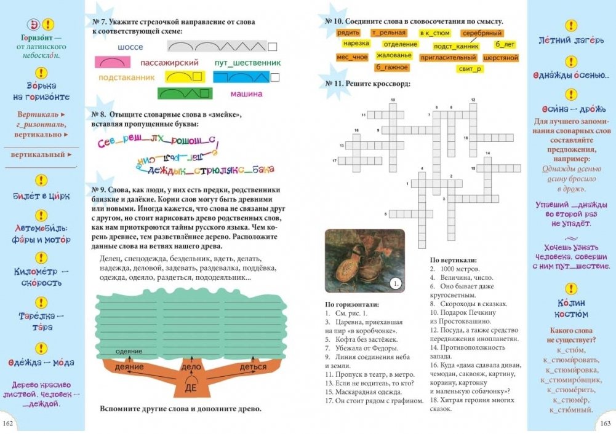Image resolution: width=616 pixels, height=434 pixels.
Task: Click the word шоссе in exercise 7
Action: (x=129, y=47)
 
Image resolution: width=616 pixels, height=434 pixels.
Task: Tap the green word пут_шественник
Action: (x=247, y=63)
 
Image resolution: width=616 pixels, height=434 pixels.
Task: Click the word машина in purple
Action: (x=246, y=94)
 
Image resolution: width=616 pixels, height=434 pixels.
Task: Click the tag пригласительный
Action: (x=447, y=58)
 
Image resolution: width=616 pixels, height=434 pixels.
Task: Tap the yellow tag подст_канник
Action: (x=456, y=46)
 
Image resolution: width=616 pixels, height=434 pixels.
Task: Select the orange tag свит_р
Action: (x=470, y=69)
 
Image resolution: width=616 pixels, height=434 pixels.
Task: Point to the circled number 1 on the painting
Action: (x=396, y=283)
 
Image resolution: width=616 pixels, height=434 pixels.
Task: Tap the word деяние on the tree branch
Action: (x=130, y=367)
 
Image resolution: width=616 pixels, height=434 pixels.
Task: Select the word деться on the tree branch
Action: (x=253, y=367)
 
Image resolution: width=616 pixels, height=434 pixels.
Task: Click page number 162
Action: (x=9, y=424)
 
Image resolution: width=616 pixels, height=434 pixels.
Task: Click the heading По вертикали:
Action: (x=453, y=261)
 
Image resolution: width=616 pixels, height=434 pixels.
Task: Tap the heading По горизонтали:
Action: (x=352, y=304)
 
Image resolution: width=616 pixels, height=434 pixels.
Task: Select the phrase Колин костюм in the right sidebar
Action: (x=571, y=308)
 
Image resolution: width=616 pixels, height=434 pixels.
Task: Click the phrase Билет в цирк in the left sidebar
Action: (x=41, y=196)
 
